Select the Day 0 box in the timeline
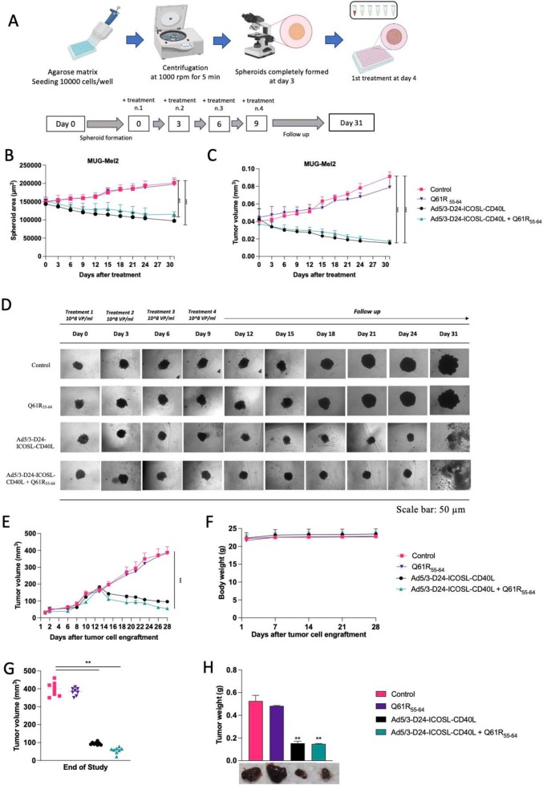pos(70,127)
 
